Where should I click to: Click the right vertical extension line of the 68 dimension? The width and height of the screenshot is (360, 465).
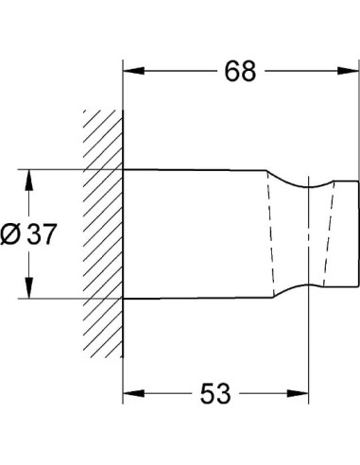[x=358, y=123]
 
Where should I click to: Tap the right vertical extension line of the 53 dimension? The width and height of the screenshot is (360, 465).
[x=311, y=350]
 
